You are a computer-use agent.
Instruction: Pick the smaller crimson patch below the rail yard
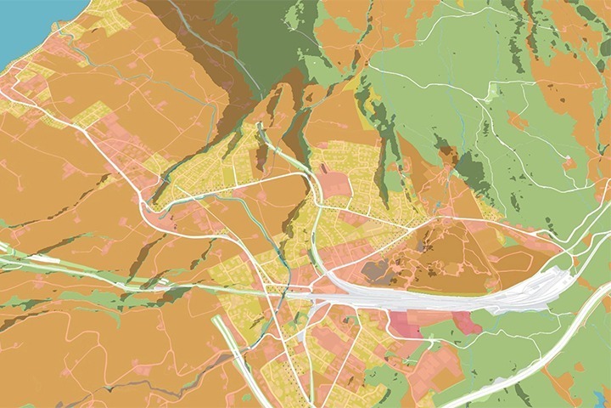point(466,322)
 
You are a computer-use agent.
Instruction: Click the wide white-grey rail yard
point(441,297)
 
